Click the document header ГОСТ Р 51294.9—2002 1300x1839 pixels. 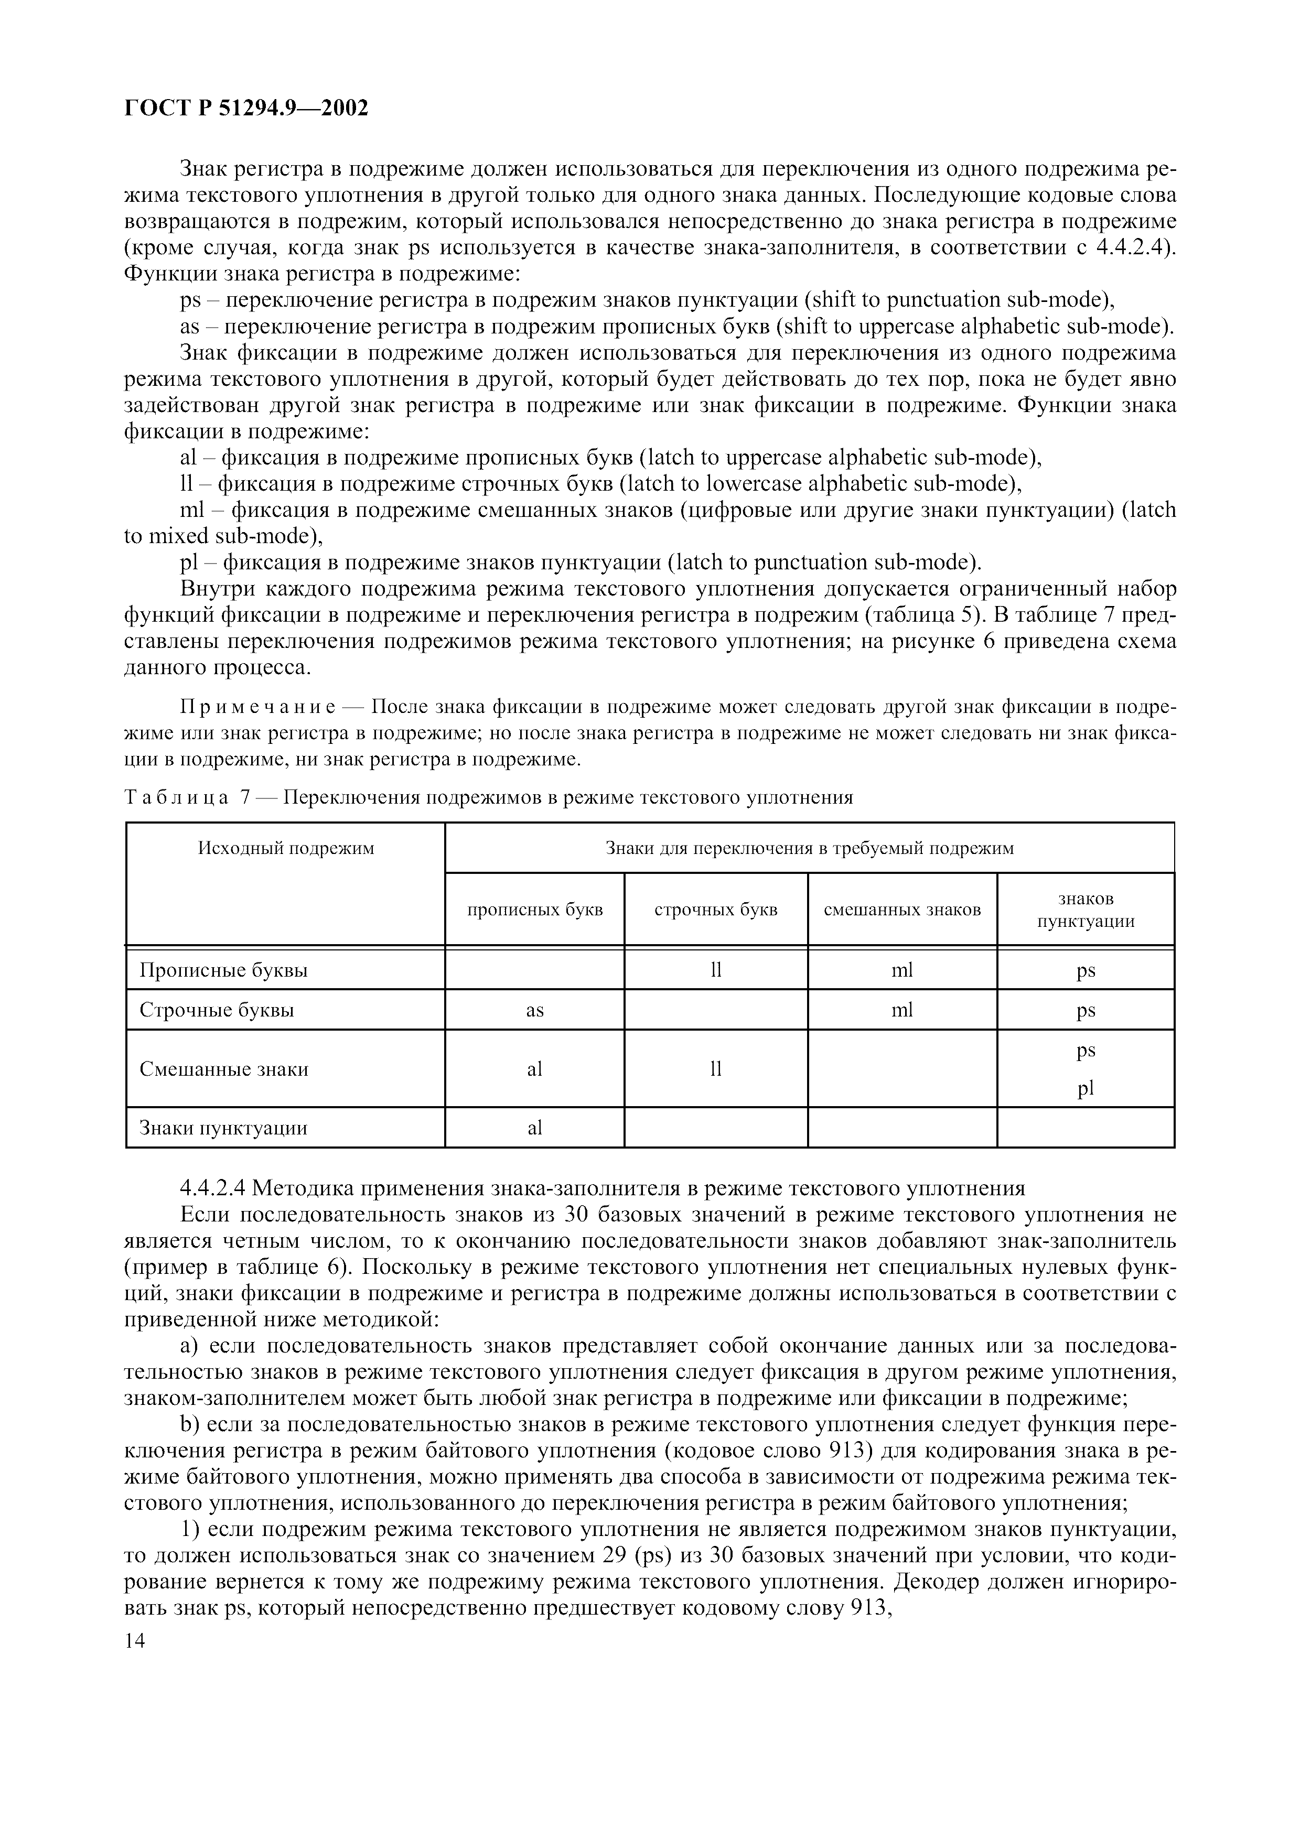click(246, 107)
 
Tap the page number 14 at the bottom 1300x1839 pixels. click(135, 1641)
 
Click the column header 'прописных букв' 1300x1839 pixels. click(534, 910)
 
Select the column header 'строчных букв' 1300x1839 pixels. click(715, 910)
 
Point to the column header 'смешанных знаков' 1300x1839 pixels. click(902, 910)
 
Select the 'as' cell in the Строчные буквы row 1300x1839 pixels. click(534, 1011)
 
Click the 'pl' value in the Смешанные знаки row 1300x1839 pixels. click(1086, 1088)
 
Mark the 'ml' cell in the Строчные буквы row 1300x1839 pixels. click(902, 1011)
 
